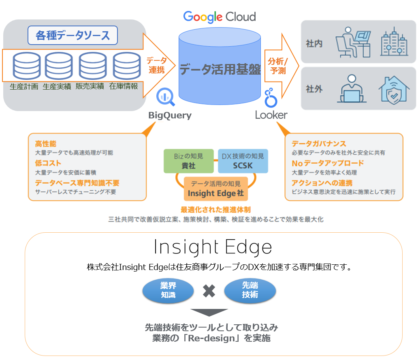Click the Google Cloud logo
click(219, 17)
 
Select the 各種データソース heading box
click(73, 35)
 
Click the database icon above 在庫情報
click(126, 66)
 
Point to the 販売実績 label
click(90, 86)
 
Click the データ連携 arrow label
click(156, 65)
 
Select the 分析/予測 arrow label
click(277, 65)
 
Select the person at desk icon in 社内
click(352, 42)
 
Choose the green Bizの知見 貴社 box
click(188, 161)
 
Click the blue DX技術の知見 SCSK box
click(243, 161)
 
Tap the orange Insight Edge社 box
click(215, 189)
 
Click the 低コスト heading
click(48, 163)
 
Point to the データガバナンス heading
click(319, 144)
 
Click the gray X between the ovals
click(209, 291)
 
